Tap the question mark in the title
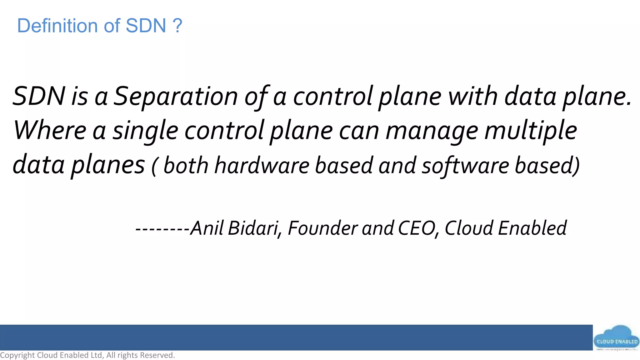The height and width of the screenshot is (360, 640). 177,26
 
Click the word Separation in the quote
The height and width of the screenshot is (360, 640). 175,96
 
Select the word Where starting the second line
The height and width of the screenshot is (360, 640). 49,130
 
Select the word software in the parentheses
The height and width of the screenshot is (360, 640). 465,166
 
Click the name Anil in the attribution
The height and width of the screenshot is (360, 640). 207,228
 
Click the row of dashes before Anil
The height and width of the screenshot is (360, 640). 162,229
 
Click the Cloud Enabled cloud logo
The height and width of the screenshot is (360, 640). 616,339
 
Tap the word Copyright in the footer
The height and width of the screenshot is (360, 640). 17,355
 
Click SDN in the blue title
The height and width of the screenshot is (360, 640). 146,26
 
